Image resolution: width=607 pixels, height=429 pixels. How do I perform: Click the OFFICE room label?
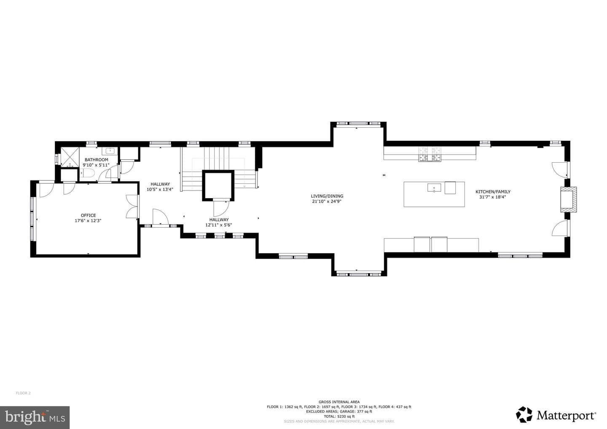[x=89, y=216]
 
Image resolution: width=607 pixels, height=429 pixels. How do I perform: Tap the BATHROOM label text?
[x=97, y=160]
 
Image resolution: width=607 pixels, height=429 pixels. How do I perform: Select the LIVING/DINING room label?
[x=327, y=196]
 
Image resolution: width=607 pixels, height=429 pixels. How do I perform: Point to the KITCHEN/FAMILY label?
[x=493, y=192]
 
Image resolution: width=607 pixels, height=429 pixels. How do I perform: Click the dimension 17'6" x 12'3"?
[x=88, y=221]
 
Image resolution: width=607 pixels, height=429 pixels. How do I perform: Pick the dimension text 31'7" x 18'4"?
[x=493, y=197]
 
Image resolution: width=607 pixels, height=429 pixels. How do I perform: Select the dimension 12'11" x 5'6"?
[x=219, y=225]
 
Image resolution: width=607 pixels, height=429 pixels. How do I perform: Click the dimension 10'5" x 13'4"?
[x=160, y=189]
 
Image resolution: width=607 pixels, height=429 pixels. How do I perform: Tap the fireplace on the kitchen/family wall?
[x=569, y=199]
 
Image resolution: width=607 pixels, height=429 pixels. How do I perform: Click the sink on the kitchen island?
[x=434, y=188]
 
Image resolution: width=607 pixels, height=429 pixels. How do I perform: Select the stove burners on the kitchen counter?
[x=430, y=154]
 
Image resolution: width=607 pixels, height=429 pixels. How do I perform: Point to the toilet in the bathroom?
[x=87, y=173]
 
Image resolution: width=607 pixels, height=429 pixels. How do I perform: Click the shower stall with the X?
[x=70, y=156]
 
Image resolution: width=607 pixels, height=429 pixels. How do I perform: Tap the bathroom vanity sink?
[x=110, y=151]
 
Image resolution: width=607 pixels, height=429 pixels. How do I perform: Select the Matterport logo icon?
[x=524, y=415]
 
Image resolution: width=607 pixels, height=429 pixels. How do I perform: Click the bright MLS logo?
[x=35, y=417]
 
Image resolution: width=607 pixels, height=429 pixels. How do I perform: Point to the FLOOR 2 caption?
[x=23, y=393]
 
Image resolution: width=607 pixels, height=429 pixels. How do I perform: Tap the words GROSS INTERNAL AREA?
[x=339, y=402]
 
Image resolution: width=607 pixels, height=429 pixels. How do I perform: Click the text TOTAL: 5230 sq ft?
[x=339, y=416]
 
